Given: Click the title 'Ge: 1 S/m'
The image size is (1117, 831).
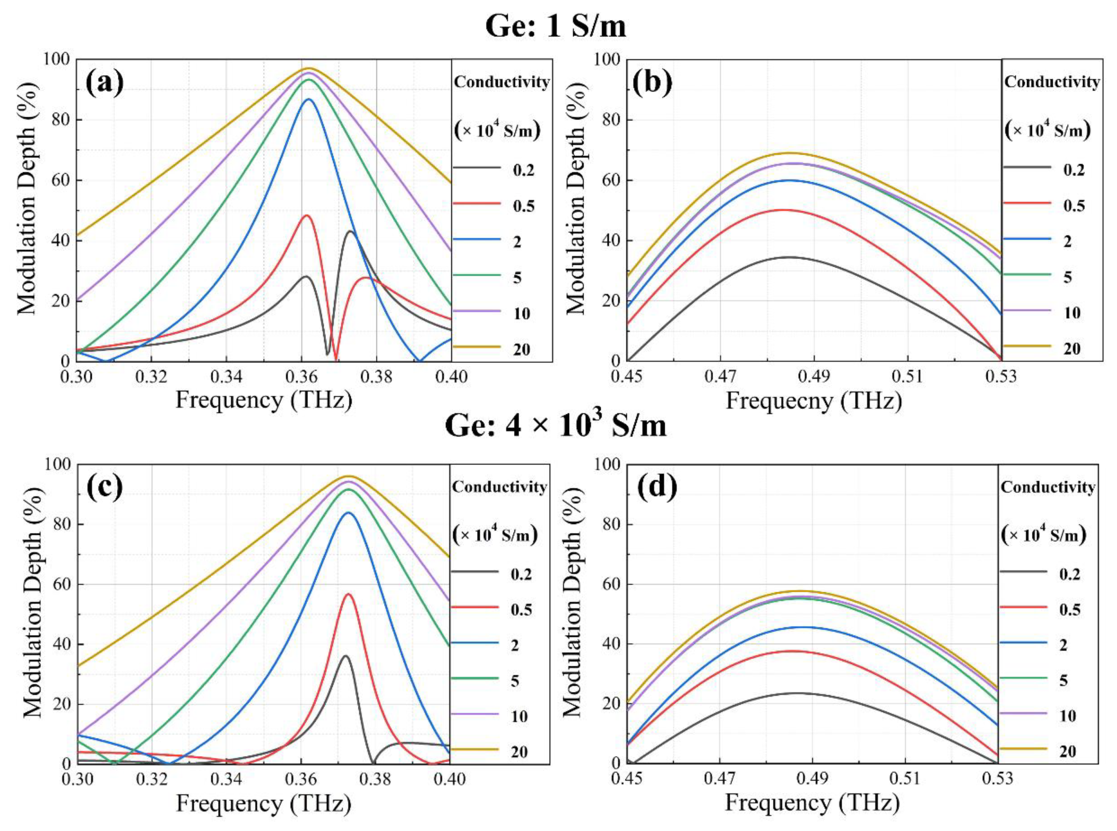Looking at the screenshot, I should click(x=556, y=26).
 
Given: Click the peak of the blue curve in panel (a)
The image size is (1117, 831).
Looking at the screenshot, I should click(x=308, y=99).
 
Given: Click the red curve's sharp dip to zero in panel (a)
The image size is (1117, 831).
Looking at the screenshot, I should click(x=336, y=359).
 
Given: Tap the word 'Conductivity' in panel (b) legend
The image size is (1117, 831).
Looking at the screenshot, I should click(x=1052, y=82).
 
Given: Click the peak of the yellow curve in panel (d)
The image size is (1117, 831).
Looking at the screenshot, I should click(x=799, y=591).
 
